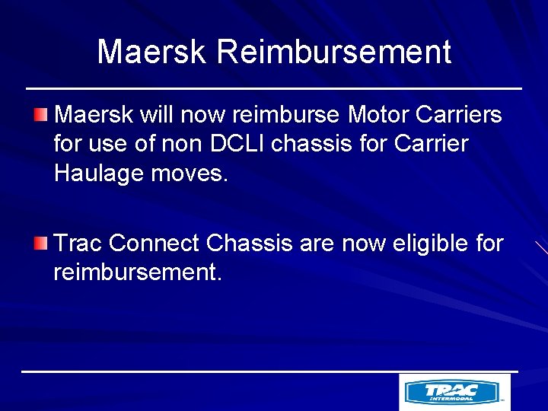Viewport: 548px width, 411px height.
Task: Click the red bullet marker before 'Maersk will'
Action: click(x=41, y=115)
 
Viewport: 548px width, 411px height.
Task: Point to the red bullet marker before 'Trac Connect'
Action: click(x=41, y=244)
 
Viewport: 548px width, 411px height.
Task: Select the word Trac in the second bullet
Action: click(x=79, y=244)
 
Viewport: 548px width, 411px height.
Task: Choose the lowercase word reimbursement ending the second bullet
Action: click(x=138, y=272)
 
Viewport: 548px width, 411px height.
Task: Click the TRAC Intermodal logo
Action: click(x=454, y=392)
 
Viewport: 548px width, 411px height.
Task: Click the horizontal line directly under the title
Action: click(x=274, y=89)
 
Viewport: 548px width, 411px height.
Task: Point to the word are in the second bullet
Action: click(x=316, y=244)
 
